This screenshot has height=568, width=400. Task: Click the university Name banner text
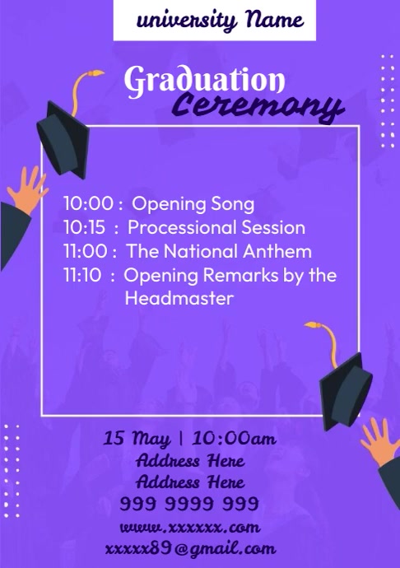point(215,20)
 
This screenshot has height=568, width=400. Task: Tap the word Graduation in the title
point(204,82)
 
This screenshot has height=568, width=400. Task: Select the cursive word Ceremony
point(258,106)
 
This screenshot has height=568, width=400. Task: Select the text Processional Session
point(216,228)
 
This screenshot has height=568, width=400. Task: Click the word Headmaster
point(179,299)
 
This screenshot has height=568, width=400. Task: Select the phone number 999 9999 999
point(189,503)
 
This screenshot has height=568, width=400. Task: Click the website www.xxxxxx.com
point(189,526)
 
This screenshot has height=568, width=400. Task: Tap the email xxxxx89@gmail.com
point(190,548)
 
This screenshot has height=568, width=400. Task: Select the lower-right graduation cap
point(344,391)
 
